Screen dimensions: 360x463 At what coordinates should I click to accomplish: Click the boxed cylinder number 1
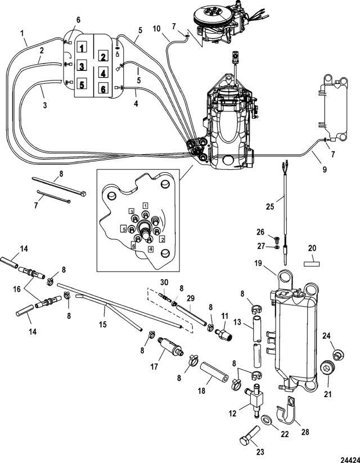(82, 47)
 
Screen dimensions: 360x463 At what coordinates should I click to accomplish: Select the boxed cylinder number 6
(103, 88)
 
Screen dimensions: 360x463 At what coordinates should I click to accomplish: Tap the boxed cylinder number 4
(103, 73)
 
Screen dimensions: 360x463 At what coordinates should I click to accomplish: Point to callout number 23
(260, 452)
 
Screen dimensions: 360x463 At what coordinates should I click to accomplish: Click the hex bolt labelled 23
(250, 435)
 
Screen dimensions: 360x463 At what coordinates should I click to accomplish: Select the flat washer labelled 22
(268, 419)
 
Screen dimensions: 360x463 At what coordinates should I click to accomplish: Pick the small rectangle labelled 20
(312, 263)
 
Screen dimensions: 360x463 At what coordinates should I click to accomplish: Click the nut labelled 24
(337, 354)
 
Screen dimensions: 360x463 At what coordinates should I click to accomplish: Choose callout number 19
(258, 263)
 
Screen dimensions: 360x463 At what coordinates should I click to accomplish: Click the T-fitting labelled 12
(254, 400)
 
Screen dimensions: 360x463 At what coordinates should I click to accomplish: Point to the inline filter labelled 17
(170, 346)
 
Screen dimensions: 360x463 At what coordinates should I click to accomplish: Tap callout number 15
(102, 325)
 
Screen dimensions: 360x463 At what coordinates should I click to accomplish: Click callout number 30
(164, 282)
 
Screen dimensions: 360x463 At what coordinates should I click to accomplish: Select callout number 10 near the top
(156, 29)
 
